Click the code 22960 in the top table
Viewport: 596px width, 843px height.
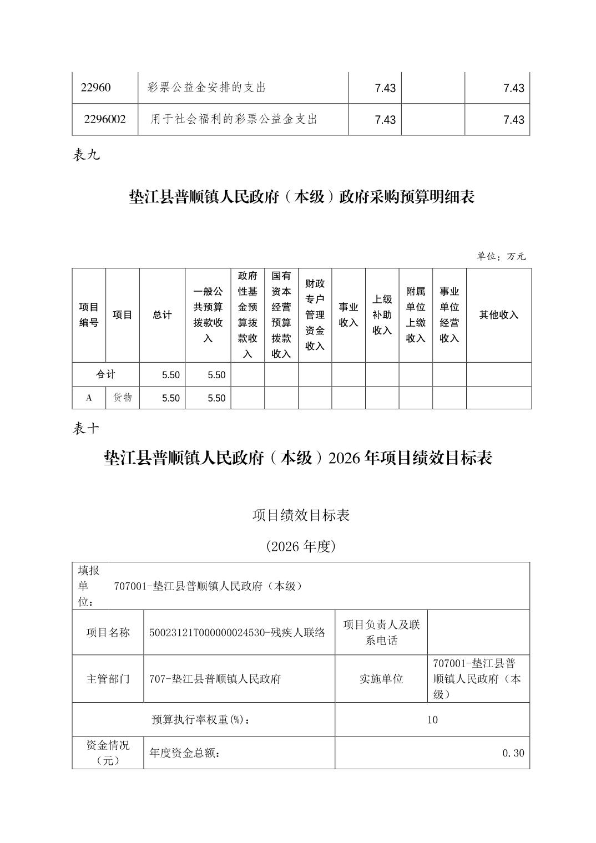point(96,88)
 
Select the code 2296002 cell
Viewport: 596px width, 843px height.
point(105,119)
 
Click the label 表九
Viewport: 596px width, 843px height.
point(86,155)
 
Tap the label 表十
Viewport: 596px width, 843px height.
point(86,428)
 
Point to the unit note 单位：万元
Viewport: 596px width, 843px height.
point(501,256)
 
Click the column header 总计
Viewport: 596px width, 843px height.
point(162,315)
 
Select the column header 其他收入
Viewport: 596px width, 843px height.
point(498,315)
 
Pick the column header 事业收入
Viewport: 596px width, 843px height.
point(348,315)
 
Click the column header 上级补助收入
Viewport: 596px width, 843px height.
point(382,315)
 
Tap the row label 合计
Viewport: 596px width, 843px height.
point(105,374)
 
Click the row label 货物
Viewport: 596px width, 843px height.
point(123,397)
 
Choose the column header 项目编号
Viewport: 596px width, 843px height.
point(89,315)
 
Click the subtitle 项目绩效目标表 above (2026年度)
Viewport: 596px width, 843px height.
point(301,515)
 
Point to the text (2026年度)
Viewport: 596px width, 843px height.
point(301,546)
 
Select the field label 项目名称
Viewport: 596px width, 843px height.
point(108,632)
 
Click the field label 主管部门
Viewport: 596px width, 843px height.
point(108,679)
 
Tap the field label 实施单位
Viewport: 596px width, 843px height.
point(381,679)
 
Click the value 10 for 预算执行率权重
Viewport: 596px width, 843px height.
point(432,720)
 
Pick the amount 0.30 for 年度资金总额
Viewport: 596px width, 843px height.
point(513,753)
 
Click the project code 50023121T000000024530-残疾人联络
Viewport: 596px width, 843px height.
point(238,632)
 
